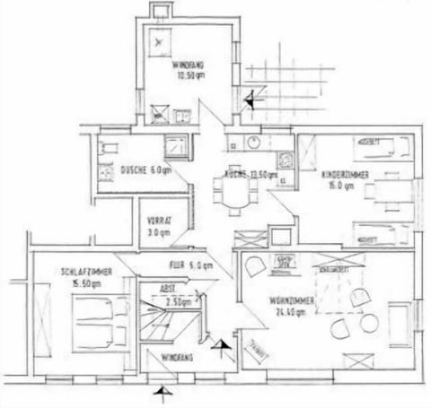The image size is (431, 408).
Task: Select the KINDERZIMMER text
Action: click(x=345, y=177)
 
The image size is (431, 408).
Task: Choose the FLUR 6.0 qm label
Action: click(x=189, y=265)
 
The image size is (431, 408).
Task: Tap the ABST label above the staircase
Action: click(x=167, y=289)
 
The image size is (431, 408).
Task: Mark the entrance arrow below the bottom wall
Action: click(x=162, y=392)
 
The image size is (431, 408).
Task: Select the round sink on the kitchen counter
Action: click(x=254, y=143)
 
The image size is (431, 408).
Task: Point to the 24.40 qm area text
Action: click(x=290, y=313)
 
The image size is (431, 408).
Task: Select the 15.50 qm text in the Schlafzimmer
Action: click(x=80, y=282)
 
